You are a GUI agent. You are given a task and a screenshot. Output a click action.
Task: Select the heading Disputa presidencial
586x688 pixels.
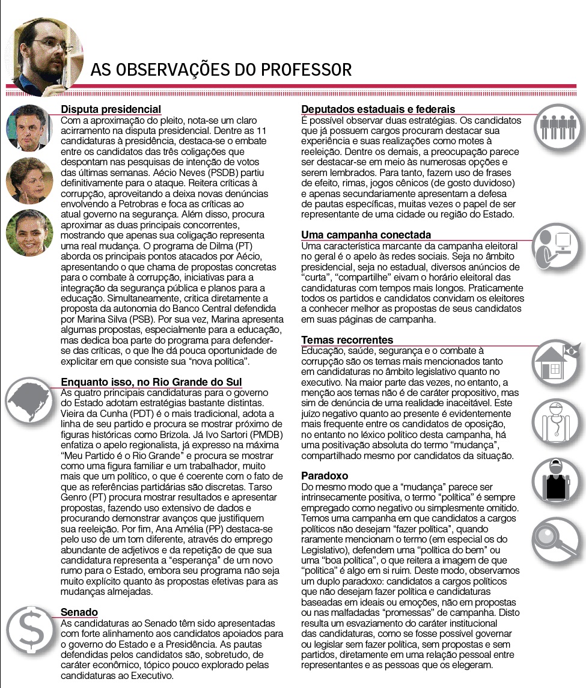click(x=111, y=109)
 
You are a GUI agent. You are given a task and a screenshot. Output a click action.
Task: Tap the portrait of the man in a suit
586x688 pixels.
click(x=29, y=128)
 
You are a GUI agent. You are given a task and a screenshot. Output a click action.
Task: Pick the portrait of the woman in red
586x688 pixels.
click(x=29, y=180)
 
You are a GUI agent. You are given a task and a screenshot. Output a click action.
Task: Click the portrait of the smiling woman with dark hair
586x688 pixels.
click(x=29, y=233)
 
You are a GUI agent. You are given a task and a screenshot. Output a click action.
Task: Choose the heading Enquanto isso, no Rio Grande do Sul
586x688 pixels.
click(x=151, y=382)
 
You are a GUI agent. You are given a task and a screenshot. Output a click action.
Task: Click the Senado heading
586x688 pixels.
click(x=79, y=612)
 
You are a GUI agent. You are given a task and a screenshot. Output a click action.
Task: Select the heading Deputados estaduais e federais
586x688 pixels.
click(x=378, y=109)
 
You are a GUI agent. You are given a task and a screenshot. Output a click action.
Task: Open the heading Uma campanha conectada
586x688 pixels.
click(x=366, y=235)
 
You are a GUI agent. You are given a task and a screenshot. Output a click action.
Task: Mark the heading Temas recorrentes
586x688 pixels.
click(x=347, y=340)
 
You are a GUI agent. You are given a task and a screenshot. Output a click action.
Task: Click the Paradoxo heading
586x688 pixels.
click(x=325, y=476)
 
